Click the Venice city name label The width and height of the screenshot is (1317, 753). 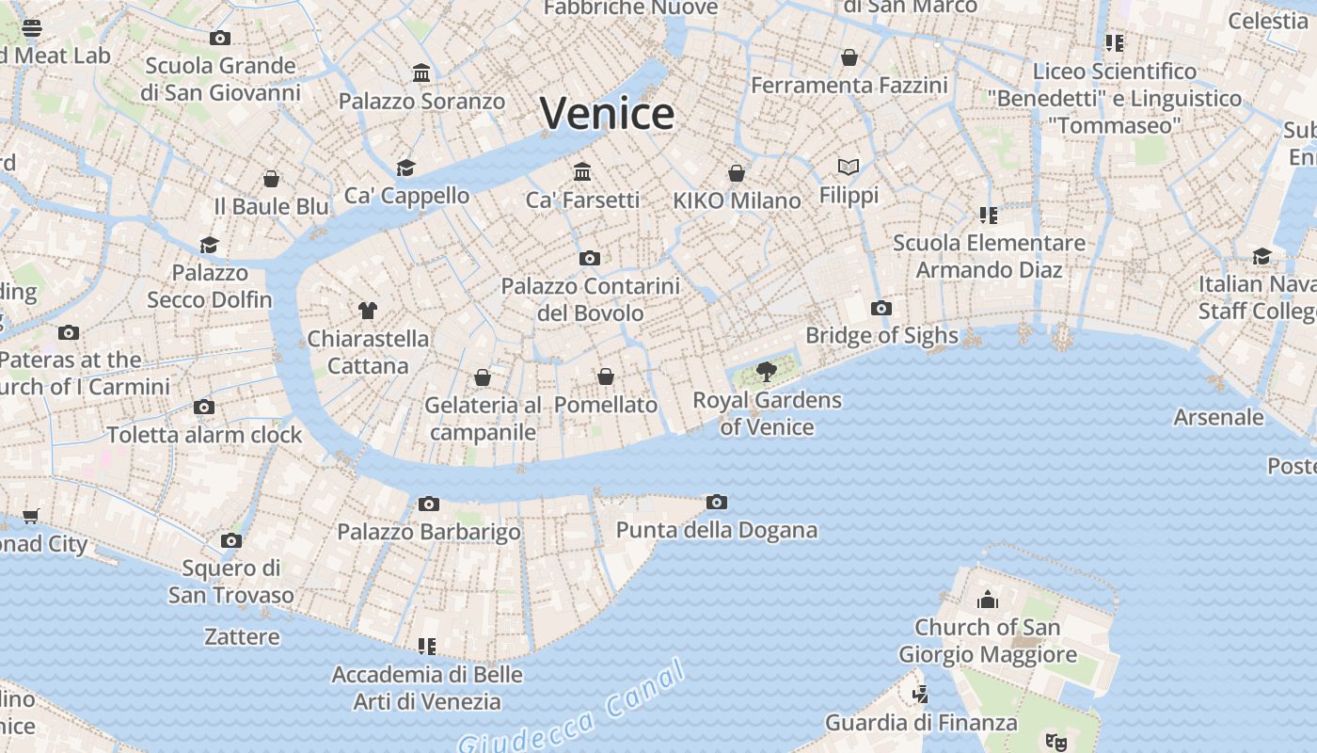click(607, 114)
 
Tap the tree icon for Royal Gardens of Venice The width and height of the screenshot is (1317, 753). click(767, 371)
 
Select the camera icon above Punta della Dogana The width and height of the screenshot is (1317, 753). click(717, 502)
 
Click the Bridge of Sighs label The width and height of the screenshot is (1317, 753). click(881, 336)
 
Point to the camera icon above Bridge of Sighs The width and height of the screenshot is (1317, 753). click(881, 308)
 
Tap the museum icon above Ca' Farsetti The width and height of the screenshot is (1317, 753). click(582, 171)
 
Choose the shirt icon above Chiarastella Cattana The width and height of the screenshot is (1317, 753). click(368, 310)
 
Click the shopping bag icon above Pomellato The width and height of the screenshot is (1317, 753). click(606, 376)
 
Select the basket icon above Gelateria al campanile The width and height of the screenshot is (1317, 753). click(483, 377)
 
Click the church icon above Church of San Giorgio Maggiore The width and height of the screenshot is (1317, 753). click(988, 599)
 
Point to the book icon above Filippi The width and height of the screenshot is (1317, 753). click(849, 167)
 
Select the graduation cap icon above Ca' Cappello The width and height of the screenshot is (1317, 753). click(405, 168)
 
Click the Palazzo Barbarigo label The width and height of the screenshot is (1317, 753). click(429, 532)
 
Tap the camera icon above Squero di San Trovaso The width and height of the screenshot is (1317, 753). click(231, 540)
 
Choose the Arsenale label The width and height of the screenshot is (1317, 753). click(1218, 417)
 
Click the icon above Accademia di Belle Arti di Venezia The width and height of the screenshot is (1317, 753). click(427, 646)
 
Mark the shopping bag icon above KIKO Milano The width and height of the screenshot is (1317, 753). click(737, 173)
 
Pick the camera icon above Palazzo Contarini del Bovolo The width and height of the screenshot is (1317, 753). click(590, 258)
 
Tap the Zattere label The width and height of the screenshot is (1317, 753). click(242, 637)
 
